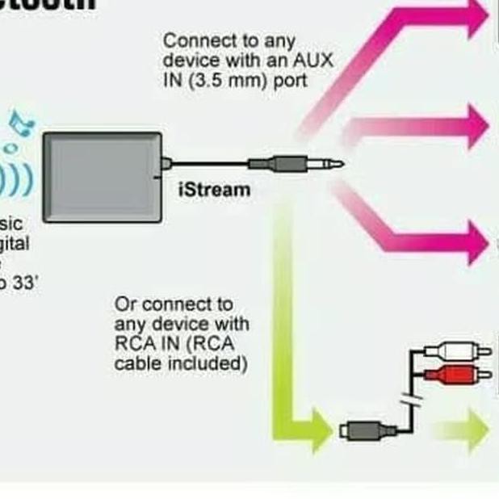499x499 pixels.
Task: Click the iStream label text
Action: click(x=214, y=191)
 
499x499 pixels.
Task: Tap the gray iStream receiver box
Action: click(x=103, y=176)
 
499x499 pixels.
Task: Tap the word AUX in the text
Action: click(x=313, y=61)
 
